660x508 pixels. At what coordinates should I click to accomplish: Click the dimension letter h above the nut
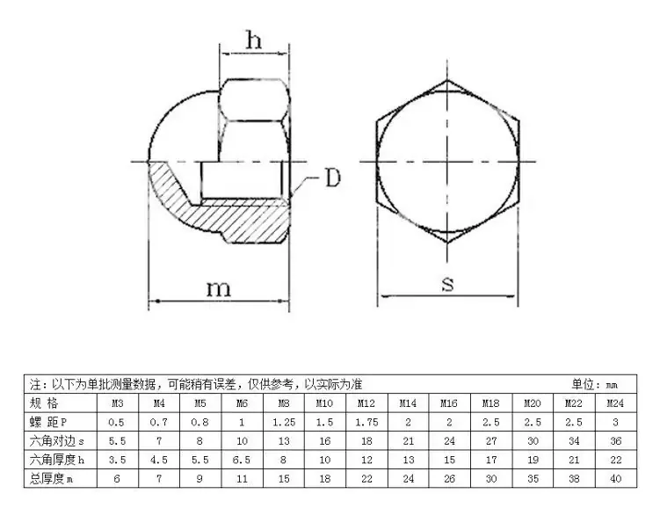tap(254, 40)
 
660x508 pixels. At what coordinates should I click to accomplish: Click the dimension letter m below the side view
tap(219, 289)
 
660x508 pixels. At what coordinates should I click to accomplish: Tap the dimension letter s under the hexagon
tap(448, 284)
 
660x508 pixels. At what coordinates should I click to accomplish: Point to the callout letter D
tap(333, 178)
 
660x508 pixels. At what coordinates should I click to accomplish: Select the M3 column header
tap(118, 403)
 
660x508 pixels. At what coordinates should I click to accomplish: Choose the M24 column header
tap(615, 403)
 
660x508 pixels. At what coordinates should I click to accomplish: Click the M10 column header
tap(324, 403)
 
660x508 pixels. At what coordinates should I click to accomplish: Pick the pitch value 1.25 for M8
tap(284, 422)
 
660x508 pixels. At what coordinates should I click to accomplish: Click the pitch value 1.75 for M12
tap(366, 422)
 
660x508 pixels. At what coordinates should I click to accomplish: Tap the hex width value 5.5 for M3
tap(118, 441)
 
